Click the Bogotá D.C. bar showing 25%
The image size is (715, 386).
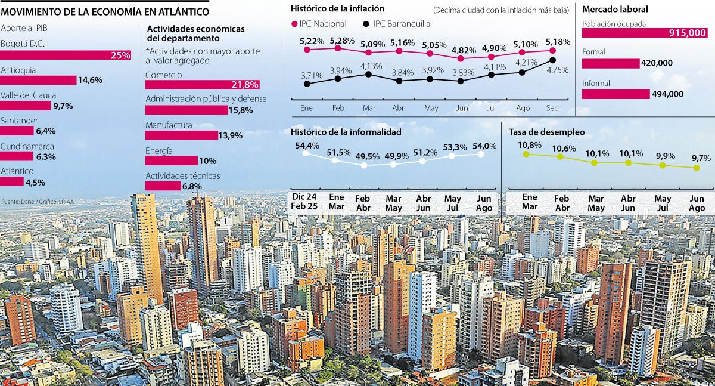[x=66, y=55]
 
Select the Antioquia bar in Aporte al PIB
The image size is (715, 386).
[x=38, y=80]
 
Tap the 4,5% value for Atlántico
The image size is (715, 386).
[x=35, y=182]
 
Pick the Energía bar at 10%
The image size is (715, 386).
[x=171, y=160]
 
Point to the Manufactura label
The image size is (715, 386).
[x=169, y=125]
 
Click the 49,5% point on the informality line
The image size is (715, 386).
[x=364, y=165]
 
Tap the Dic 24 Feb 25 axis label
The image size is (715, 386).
[x=304, y=202]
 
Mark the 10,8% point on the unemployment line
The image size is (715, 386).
[x=526, y=154]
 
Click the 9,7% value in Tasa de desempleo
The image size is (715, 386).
[x=701, y=158]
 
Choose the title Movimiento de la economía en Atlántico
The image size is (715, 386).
[x=105, y=11]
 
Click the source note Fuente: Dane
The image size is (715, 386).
[x=37, y=201]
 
